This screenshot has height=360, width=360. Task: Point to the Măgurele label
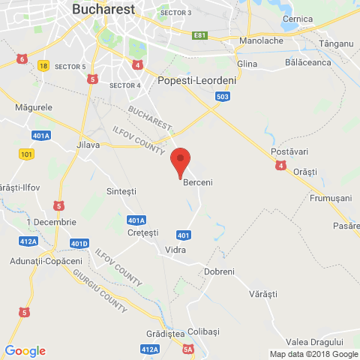(x=34, y=107)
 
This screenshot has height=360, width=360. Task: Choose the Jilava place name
(x=88, y=145)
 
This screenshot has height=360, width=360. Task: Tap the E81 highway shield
(x=199, y=35)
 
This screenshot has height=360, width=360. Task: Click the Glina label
(x=247, y=64)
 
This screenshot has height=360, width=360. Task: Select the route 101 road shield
(x=27, y=154)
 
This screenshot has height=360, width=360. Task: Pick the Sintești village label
(x=123, y=191)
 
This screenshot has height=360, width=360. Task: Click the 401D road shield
(x=79, y=244)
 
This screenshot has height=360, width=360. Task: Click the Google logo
(x=25, y=350)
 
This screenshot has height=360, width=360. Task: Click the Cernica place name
(x=298, y=19)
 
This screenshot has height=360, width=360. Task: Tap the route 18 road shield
(x=43, y=66)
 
